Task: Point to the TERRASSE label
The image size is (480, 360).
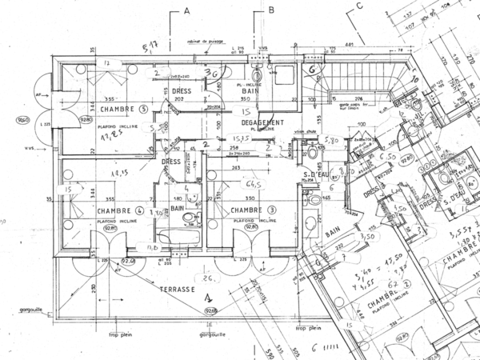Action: pyautogui.click(x=179, y=289)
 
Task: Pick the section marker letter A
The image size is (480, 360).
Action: pyautogui.click(x=186, y=10)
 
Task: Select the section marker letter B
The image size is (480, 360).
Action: pyautogui.click(x=271, y=10)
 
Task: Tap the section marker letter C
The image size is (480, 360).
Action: pyautogui.click(x=360, y=6)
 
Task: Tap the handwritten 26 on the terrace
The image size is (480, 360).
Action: pyautogui.click(x=209, y=279)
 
